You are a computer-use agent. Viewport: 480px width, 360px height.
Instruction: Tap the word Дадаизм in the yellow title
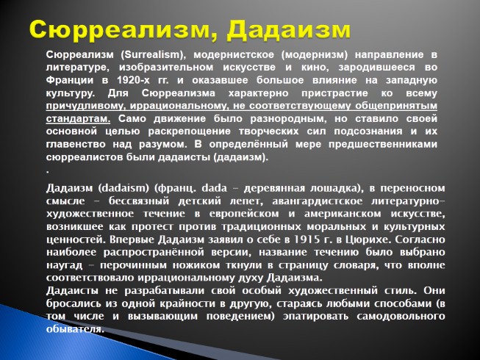pyautogui.click(x=289, y=30)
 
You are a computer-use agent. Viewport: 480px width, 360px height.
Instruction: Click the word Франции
pyautogui.click(x=70, y=80)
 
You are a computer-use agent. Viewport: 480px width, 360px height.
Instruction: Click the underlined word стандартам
pyautogui.click(x=78, y=119)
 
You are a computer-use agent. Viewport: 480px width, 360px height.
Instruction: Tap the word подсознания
pyautogui.click(x=368, y=132)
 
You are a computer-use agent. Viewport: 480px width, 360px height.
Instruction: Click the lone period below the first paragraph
pyautogui.click(x=48, y=173)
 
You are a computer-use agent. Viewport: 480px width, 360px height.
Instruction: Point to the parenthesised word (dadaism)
pyautogui.click(x=123, y=188)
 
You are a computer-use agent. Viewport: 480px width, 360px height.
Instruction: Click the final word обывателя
pyautogui.click(x=75, y=329)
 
